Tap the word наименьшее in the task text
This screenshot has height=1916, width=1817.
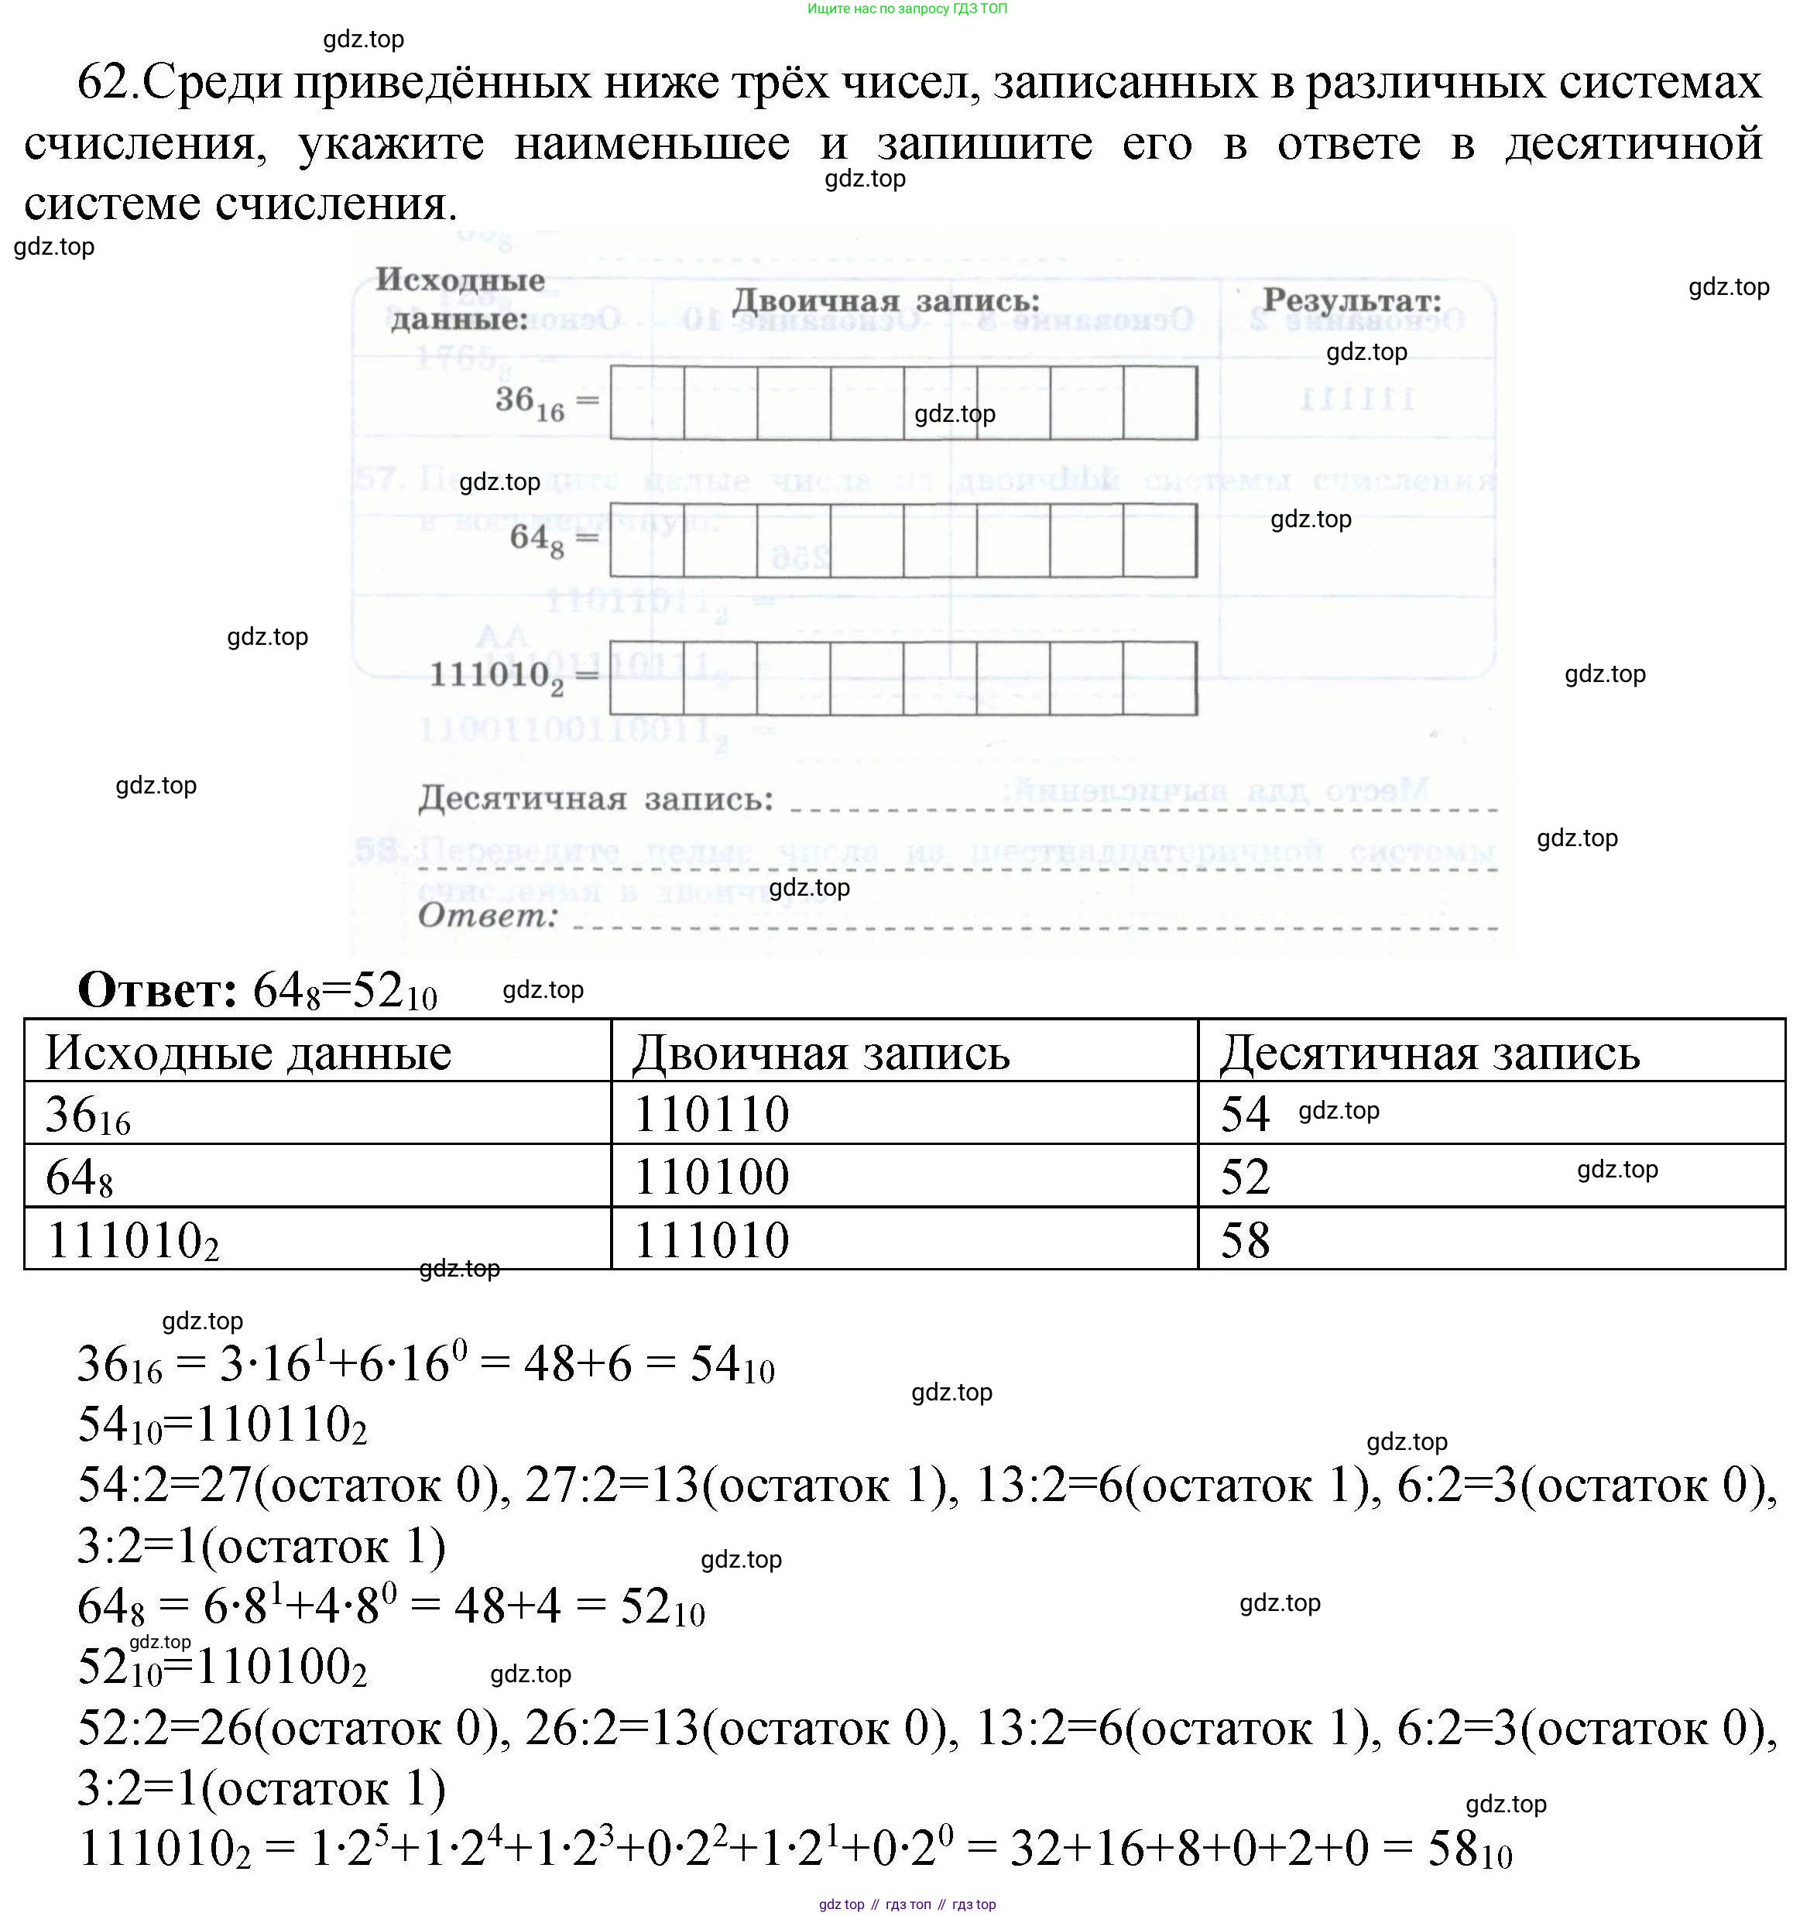(x=651, y=144)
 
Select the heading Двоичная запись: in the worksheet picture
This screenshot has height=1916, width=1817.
(x=885, y=301)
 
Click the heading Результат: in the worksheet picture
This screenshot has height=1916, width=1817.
(x=1352, y=300)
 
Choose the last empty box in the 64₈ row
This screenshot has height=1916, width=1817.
(x=1160, y=540)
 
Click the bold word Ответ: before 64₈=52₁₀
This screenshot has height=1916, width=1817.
(x=158, y=990)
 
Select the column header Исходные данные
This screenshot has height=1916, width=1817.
(x=248, y=1053)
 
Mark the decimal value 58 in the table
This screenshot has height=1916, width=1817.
(x=1245, y=1240)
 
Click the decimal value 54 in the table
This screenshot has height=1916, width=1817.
(x=1245, y=1114)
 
